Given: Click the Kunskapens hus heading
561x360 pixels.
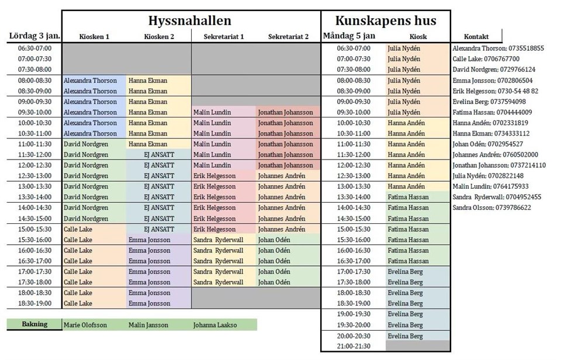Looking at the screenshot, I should tap(386, 21).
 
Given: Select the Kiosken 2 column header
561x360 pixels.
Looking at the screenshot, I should tap(159, 37).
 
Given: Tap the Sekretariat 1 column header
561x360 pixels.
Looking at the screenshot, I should tap(224, 37).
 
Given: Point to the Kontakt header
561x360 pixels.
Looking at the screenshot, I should tap(477, 36).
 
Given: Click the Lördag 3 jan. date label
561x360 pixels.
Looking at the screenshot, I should tap(34, 36).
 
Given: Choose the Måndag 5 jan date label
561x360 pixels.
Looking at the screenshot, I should tap(349, 36).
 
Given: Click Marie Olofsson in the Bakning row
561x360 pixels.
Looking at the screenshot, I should tap(85, 325).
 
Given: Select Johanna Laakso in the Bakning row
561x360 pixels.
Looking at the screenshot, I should tap(215, 325).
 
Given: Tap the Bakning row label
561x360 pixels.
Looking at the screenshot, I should tap(34, 324).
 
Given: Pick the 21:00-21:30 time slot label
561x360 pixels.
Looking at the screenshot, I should tap(354, 347).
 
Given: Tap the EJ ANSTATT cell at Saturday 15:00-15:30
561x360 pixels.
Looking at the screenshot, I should tap(159, 229).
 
